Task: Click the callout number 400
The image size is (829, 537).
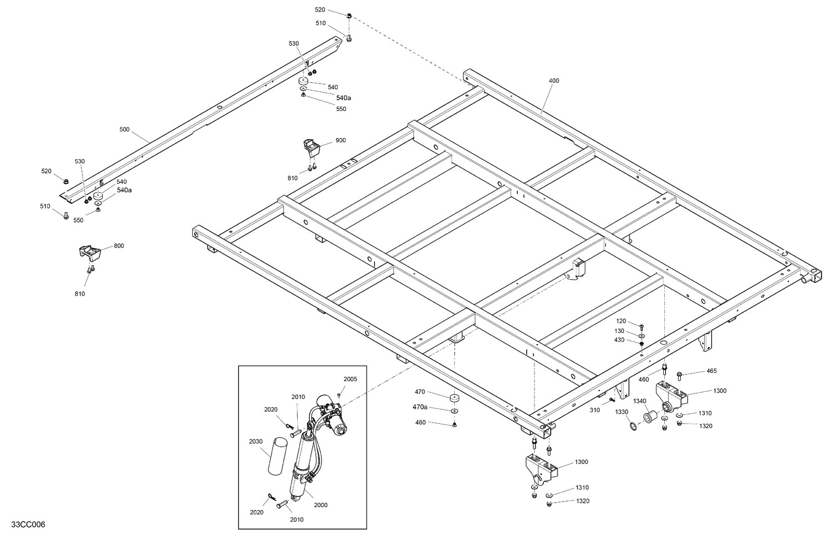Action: [554, 81]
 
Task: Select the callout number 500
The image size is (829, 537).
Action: [124, 129]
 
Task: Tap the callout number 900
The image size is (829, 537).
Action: [340, 140]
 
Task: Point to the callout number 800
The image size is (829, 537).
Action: [119, 246]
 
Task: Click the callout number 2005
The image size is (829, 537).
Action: [350, 379]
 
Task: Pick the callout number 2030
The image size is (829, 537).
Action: [255, 441]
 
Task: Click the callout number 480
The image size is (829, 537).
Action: [421, 423]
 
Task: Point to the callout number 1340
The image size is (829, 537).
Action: [639, 401]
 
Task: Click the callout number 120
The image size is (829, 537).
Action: [621, 321]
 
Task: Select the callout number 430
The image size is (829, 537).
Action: [619, 340]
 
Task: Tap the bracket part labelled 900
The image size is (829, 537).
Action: [311, 148]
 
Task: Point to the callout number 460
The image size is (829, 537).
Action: [643, 380]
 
